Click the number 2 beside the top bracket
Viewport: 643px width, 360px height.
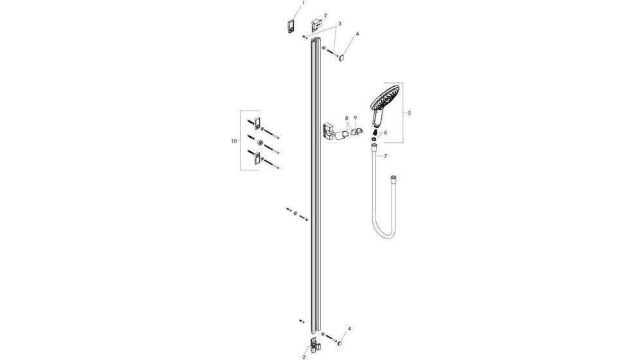[x=325, y=15]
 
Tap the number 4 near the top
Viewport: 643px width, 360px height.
[x=358, y=33]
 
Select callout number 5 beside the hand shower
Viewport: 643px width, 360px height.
[x=410, y=113]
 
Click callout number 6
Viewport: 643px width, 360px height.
[x=385, y=132]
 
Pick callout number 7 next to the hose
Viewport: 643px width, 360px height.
[x=385, y=156]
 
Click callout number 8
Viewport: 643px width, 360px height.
[x=346, y=118]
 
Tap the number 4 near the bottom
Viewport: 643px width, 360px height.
[x=349, y=329]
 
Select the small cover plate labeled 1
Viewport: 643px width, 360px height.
[x=291, y=27]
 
